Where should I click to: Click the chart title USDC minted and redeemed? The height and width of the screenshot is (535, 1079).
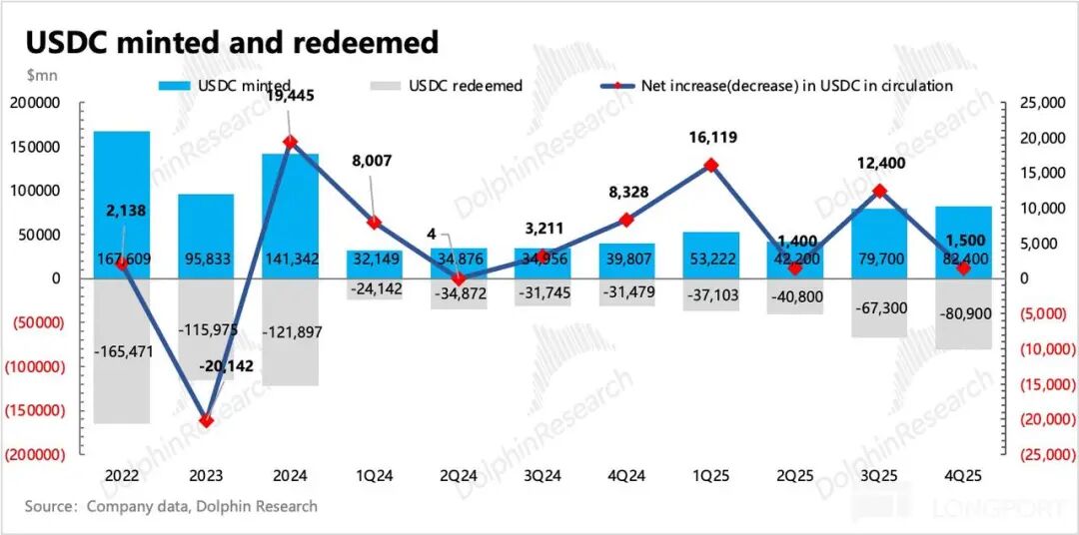click(x=232, y=42)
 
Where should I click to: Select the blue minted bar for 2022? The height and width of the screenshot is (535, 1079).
click(x=122, y=200)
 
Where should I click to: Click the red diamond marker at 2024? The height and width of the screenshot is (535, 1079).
click(x=290, y=143)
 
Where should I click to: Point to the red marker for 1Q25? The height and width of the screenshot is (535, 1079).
click(x=710, y=166)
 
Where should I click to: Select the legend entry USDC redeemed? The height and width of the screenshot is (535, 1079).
click(x=465, y=85)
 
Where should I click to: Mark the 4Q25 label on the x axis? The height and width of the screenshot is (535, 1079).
click(x=962, y=476)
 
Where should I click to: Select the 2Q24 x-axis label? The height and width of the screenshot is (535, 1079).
click(x=459, y=476)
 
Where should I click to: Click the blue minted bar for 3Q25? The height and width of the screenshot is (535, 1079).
click(x=878, y=240)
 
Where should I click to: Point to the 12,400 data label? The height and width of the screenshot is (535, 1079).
click(x=878, y=164)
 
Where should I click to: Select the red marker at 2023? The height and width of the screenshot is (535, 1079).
click(x=206, y=420)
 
